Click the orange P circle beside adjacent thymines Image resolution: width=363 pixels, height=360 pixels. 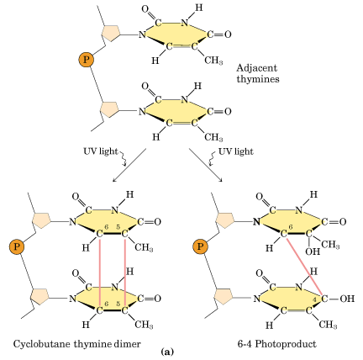click(x=86, y=60)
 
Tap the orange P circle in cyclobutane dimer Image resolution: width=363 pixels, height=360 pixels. click(x=17, y=246)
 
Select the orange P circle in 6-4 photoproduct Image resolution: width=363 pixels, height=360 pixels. click(x=200, y=246)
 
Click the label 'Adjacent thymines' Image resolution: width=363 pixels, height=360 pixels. click(x=258, y=73)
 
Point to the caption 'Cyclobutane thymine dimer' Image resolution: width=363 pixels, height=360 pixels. click(x=76, y=344)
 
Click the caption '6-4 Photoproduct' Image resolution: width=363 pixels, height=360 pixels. click(x=276, y=344)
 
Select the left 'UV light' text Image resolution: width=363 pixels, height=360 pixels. click(x=101, y=151)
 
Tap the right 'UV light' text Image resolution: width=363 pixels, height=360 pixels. click(x=235, y=151)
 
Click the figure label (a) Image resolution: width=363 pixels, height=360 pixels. click(x=167, y=352)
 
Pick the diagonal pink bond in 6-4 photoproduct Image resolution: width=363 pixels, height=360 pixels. click(x=305, y=267)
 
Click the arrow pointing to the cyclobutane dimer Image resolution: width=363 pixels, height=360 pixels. click(x=129, y=166)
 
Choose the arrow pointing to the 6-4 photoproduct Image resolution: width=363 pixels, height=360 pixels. click(x=206, y=166)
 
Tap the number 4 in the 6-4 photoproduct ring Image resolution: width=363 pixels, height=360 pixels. click(x=314, y=299)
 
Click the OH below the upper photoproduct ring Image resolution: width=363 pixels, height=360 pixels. click(x=313, y=251)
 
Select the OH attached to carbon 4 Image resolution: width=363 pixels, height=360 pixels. click(x=347, y=299)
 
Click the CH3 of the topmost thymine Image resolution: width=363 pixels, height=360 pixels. click(x=213, y=60)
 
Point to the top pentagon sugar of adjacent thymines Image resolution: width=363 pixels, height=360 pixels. click(x=111, y=33)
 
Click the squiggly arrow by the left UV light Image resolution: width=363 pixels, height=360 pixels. click(x=124, y=158)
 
